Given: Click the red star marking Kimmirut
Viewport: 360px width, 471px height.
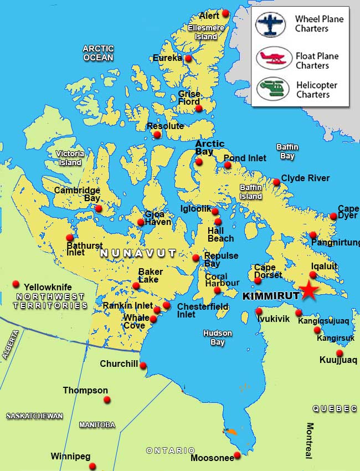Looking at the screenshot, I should [309, 291].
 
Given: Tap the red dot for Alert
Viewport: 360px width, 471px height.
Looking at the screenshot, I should [225, 13].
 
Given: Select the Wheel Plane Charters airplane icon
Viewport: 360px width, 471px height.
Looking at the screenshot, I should [271, 25].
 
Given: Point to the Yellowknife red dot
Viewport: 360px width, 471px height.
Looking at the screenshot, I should [16, 284].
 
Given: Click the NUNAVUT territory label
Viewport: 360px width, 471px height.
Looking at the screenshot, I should [138, 253].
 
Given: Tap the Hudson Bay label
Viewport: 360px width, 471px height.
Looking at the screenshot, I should [217, 338].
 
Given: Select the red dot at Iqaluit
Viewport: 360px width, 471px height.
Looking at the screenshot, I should [313, 275].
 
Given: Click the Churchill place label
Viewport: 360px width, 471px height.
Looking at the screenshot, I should [118, 364].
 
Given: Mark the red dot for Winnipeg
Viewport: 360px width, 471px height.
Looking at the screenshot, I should [92, 466].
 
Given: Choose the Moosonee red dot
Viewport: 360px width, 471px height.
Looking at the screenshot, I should [237, 455].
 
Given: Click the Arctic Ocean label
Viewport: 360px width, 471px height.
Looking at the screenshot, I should [98, 53].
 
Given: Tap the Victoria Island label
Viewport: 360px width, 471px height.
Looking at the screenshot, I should [70, 158].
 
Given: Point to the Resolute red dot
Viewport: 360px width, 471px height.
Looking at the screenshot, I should [157, 135].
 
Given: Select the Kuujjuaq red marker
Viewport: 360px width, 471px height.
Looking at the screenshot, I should [340, 353].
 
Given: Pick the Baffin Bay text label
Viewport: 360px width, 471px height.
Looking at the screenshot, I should [287, 151].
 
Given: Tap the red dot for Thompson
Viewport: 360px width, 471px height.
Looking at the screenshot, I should [107, 400].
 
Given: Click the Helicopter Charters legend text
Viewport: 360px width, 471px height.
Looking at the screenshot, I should [316, 90].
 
